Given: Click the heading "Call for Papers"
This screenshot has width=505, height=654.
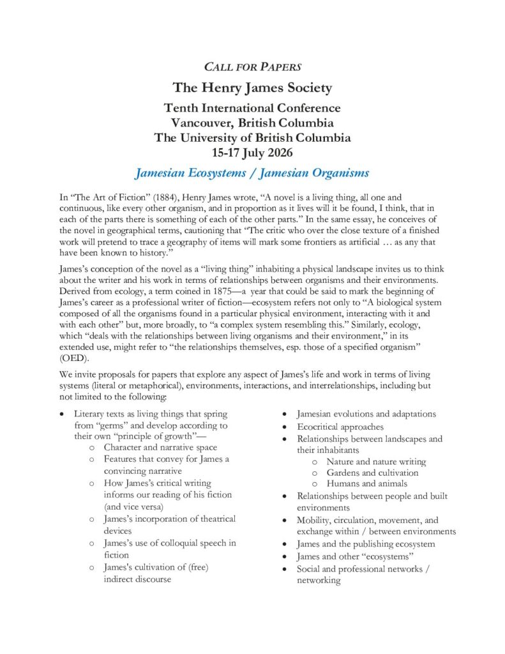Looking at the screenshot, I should [252, 66].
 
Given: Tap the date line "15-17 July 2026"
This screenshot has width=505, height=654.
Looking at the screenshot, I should [252, 152].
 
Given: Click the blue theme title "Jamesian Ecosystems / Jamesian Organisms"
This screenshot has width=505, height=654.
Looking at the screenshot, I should [252, 172].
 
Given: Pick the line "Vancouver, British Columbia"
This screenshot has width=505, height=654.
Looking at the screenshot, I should [252, 123].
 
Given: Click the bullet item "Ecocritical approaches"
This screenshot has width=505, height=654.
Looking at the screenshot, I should [340, 427].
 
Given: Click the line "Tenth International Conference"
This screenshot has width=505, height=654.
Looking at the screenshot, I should [252, 108].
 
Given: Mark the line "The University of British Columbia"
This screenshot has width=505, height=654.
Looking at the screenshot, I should [252, 137].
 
